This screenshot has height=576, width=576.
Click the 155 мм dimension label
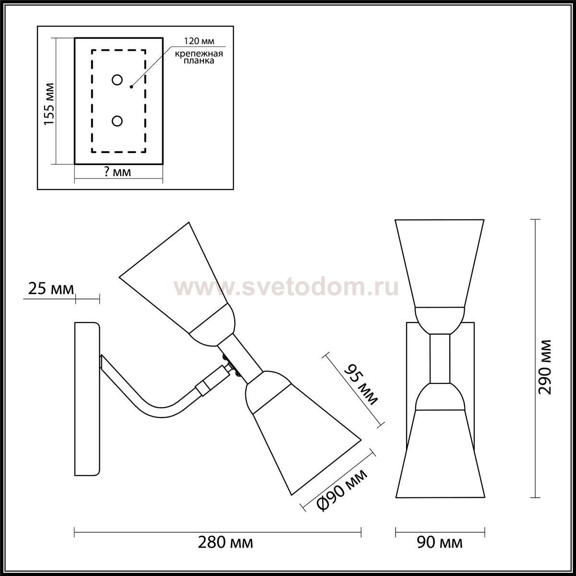(49, 104)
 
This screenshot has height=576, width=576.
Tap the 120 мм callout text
(199, 41)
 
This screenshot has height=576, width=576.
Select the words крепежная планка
(199, 57)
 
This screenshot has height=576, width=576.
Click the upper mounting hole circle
(117, 80)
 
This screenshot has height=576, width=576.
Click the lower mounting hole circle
(117, 121)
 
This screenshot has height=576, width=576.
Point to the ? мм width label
(118, 172)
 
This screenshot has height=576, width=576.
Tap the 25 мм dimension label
(51, 289)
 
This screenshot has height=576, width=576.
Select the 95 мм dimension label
(361, 384)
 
